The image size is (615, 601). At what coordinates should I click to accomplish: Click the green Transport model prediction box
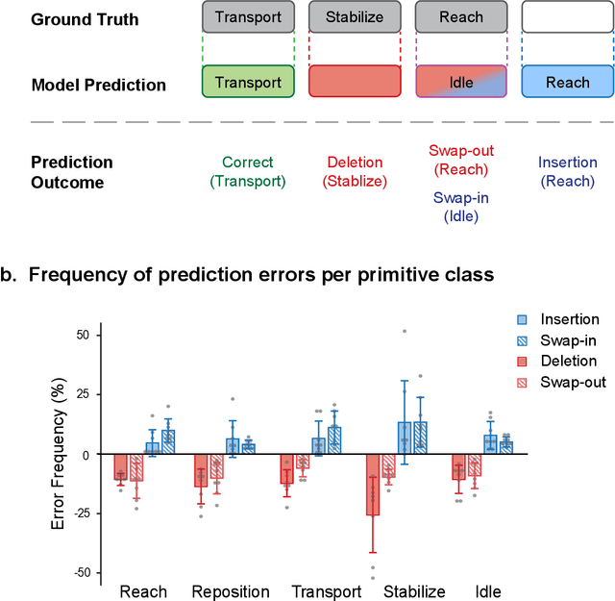pos(249,82)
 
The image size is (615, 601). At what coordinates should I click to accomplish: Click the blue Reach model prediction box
pos(567,82)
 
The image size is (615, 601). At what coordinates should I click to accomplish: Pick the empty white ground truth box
pos(567,17)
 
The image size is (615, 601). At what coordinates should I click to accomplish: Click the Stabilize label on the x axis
pos(414,590)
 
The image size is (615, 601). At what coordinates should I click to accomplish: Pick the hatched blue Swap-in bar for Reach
pos(168,441)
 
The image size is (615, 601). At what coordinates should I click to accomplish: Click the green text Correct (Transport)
pos(248,172)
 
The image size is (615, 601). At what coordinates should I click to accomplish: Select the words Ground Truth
pos(72,19)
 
